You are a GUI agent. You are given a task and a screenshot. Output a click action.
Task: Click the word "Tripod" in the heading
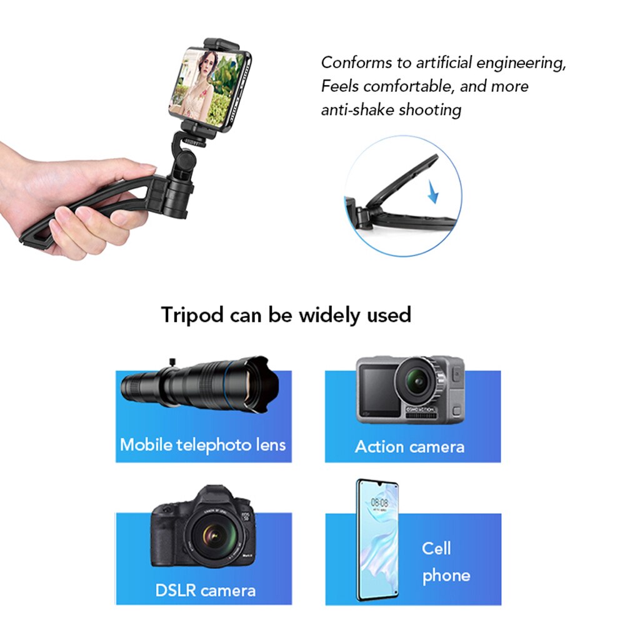[x=192, y=314]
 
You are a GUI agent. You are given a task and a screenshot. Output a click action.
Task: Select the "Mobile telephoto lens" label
[x=202, y=445]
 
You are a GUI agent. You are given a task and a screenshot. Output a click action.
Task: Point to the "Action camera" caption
[x=409, y=447]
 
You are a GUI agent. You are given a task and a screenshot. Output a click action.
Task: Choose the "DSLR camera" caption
[x=205, y=590]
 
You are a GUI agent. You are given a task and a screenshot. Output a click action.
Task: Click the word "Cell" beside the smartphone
[x=436, y=549]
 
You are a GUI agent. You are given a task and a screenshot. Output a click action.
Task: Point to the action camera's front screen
[x=378, y=391]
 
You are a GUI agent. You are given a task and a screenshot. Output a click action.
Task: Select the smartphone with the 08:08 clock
[x=377, y=540]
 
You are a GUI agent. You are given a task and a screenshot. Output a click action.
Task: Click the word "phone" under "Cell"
[x=446, y=576]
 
